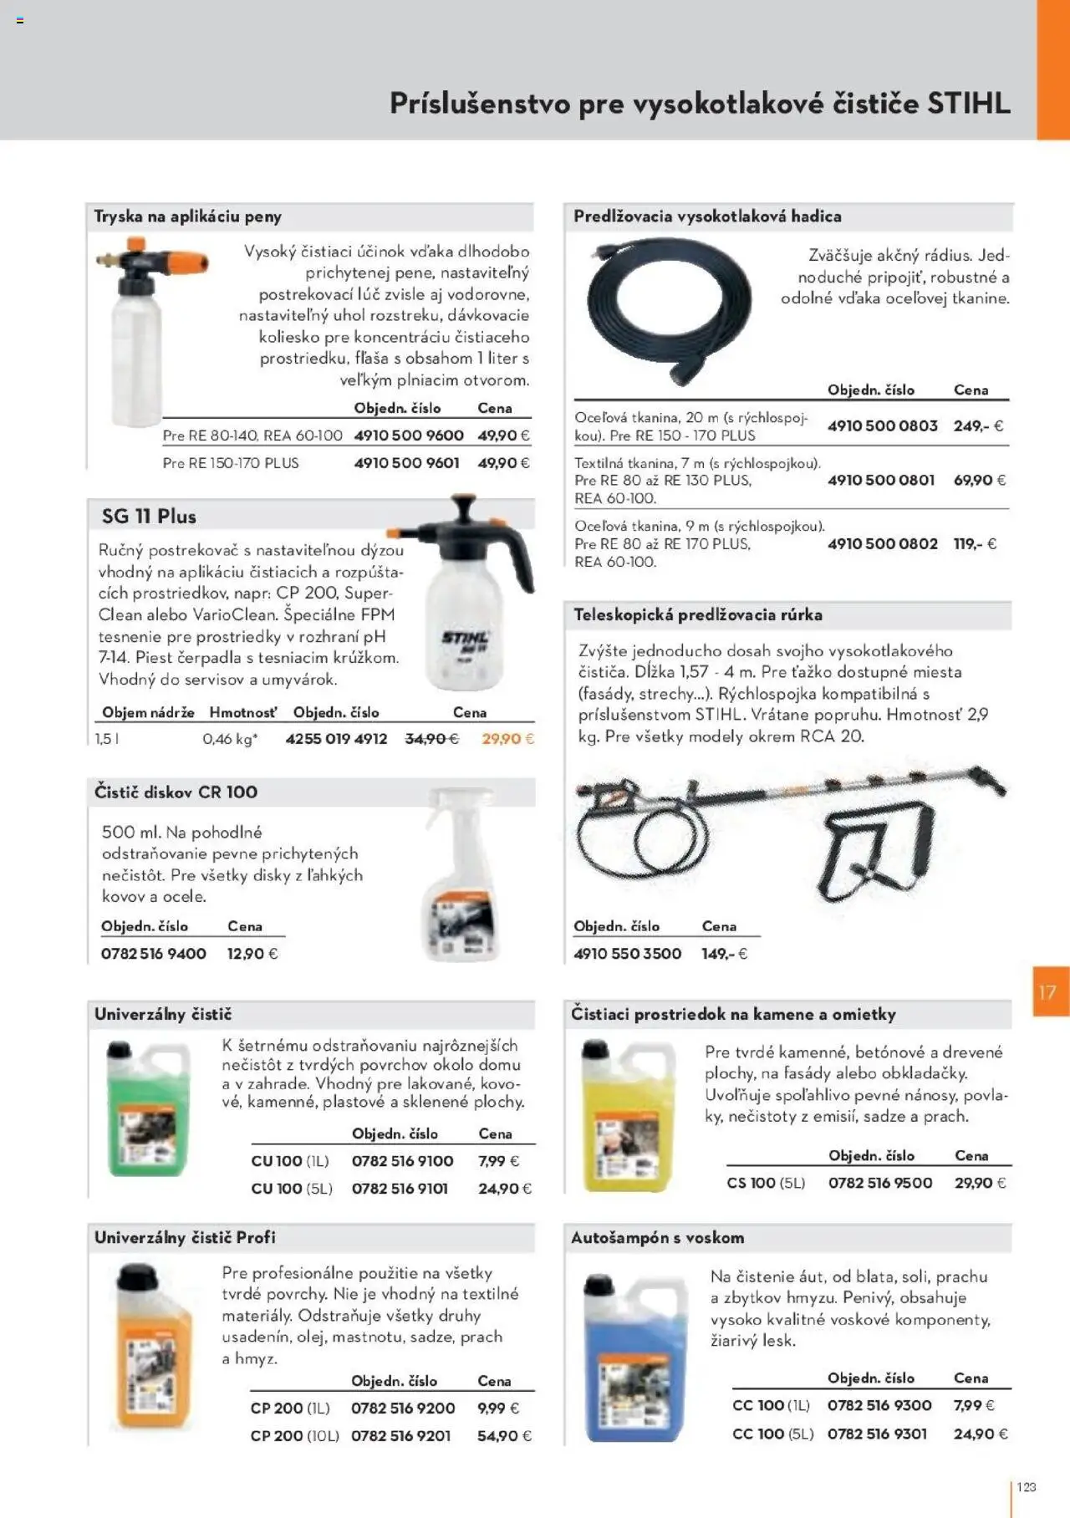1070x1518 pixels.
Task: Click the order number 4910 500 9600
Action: click(x=409, y=436)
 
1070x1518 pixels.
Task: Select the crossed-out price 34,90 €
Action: click(x=431, y=739)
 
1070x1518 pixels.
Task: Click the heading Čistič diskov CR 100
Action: click(x=176, y=792)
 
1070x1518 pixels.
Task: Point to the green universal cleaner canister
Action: click(x=141, y=1108)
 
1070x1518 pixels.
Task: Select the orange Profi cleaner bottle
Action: click(x=152, y=1346)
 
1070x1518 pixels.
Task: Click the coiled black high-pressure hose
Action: click(x=670, y=311)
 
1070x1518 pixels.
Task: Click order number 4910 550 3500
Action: click(x=627, y=954)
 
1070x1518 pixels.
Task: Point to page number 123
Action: click(x=1027, y=1487)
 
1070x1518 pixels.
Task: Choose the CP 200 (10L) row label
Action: click(x=294, y=1436)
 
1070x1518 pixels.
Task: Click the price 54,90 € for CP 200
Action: click(x=504, y=1436)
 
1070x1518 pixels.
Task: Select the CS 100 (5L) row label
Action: click(x=766, y=1183)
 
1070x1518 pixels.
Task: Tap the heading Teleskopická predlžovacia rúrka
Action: click(x=698, y=615)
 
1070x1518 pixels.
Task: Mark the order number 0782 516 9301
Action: click(x=877, y=1434)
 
